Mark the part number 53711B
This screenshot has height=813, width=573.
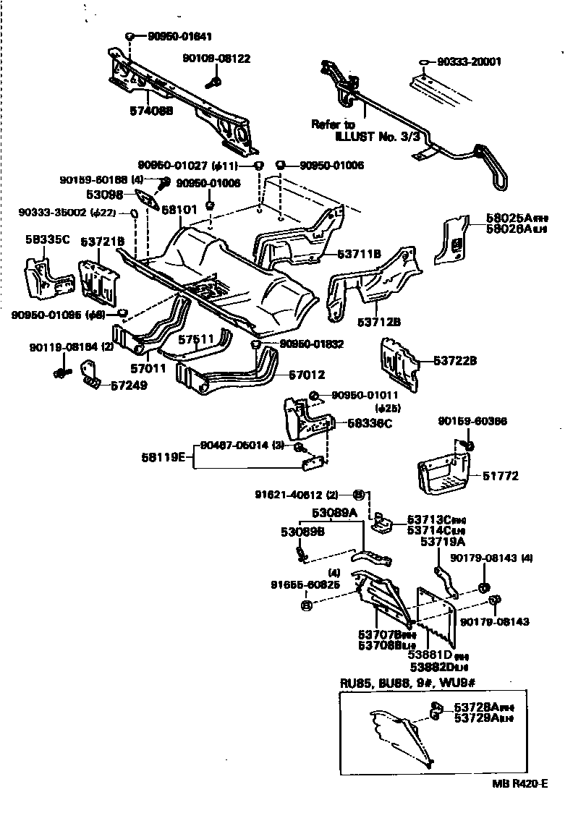click(358, 254)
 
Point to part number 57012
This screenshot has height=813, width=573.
click(307, 375)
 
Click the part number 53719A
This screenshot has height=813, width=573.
click(441, 541)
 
